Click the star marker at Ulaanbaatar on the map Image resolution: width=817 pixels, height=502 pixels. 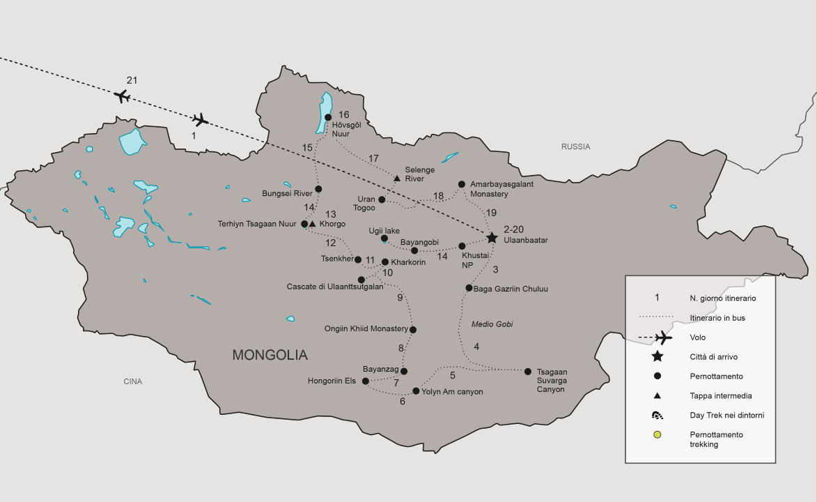click(x=492, y=238)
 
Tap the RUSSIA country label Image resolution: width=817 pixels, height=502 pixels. click(x=576, y=147)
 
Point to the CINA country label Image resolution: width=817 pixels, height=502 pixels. click(x=132, y=381)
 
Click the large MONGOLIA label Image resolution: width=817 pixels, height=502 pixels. click(x=270, y=356)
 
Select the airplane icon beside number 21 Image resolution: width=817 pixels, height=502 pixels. click(x=123, y=96)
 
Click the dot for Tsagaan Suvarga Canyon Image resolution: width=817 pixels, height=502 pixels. click(x=528, y=372)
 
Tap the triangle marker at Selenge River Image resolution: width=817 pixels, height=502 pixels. click(x=397, y=179)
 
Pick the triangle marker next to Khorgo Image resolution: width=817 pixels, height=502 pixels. click(x=313, y=224)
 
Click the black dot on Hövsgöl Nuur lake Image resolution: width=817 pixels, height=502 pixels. click(x=328, y=117)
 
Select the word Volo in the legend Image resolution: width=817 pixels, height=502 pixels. click(x=699, y=337)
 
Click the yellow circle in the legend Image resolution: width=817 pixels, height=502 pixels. click(x=657, y=435)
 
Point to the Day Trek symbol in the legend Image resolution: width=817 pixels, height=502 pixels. click(x=657, y=416)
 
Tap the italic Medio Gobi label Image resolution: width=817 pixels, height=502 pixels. click(x=492, y=324)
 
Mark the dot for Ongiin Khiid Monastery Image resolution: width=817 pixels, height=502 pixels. click(x=413, y=330)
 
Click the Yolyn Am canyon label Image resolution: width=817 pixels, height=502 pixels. click(x=453, y=392)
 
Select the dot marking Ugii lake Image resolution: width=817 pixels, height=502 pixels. click(x=384, y=238)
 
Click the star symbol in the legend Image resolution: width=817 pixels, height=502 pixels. click(x=657, y=356)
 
